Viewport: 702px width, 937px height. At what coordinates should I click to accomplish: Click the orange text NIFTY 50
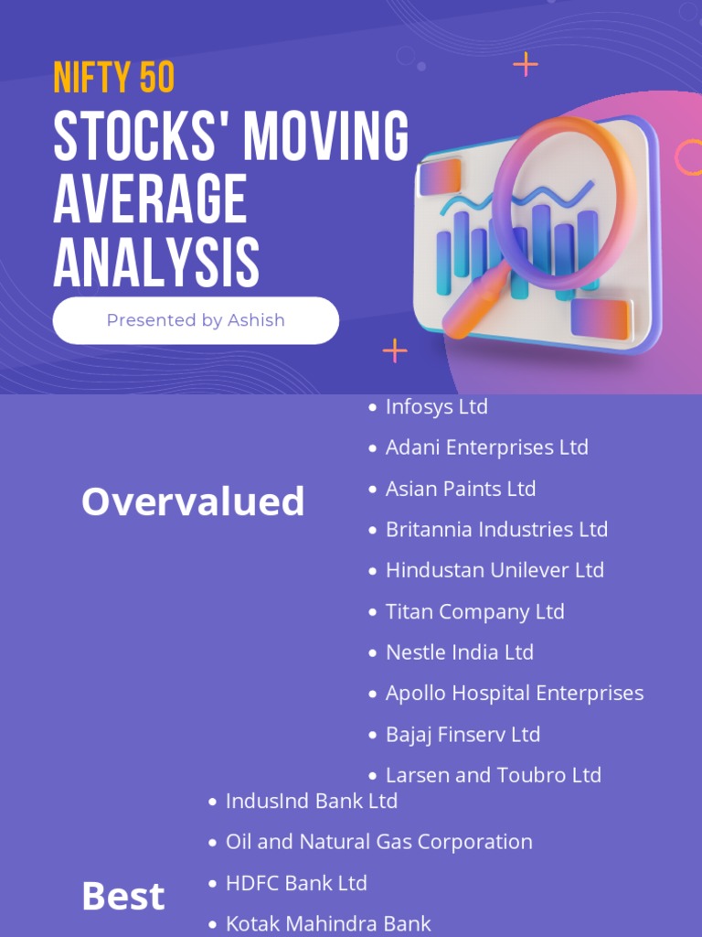point(113,79)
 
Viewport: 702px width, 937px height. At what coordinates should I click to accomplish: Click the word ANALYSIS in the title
point(155,262)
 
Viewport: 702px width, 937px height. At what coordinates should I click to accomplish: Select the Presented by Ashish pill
point(196,320)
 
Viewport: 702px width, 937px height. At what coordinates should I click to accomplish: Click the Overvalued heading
point(193,501)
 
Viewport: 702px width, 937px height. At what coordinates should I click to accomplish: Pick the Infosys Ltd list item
point(436,406)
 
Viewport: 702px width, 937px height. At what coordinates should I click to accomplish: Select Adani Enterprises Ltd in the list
point(486,447)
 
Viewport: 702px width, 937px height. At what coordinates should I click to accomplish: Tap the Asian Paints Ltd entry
point(460,489)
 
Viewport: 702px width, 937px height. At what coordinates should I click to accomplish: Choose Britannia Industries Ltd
point(496,529)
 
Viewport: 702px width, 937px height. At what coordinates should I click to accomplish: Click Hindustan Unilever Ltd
point(495,570)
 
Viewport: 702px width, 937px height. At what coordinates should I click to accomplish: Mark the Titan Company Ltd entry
point(474,611)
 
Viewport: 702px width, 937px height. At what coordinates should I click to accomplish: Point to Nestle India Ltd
point(459,652)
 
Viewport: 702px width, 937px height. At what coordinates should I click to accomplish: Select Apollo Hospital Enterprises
point(514,693)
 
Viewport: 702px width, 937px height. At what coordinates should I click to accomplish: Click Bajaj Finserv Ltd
point(463,734)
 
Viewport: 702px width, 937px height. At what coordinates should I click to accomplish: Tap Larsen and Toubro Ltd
point(493,775)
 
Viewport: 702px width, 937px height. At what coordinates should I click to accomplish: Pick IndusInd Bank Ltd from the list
point(311,801)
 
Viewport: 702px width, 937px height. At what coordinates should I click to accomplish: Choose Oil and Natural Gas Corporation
point(378,842)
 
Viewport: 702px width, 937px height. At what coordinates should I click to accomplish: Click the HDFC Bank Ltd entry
point(295,883)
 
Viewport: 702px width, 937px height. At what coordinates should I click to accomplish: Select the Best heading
point(123,897)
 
